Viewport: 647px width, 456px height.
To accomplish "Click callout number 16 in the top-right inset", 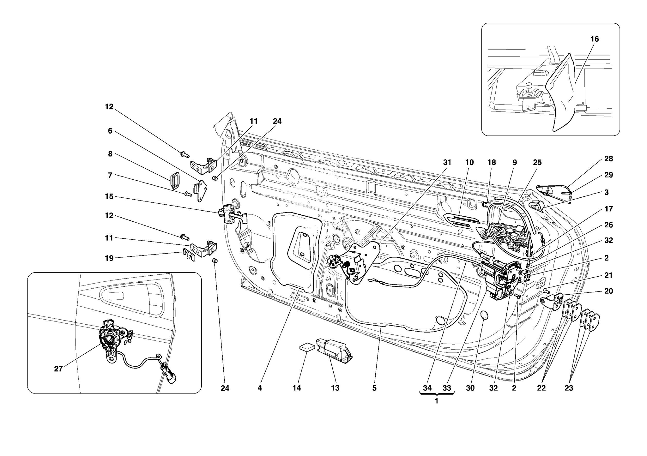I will coord(594,39).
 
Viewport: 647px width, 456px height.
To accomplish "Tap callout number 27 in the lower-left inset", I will coord(58,369).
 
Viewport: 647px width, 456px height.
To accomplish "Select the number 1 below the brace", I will coord(437,401).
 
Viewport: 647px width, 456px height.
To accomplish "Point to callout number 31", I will coord(447,163).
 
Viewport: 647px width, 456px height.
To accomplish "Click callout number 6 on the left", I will coord(110,131).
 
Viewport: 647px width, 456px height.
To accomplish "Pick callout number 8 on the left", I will coord(110,154).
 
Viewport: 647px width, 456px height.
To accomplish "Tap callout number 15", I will coord(109,197).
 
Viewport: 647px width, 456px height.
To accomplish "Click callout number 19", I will coord(109,258).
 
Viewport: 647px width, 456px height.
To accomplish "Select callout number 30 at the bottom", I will coord(470,388).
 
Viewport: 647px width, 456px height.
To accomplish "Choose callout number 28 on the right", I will coord(608,159).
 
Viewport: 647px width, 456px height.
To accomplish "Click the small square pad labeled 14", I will coord(307,347).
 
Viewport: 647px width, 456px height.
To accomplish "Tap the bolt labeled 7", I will coord(188,194).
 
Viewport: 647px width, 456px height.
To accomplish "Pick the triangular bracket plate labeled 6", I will coord(201,190).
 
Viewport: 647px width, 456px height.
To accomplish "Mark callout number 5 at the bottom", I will coord(374,388).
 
